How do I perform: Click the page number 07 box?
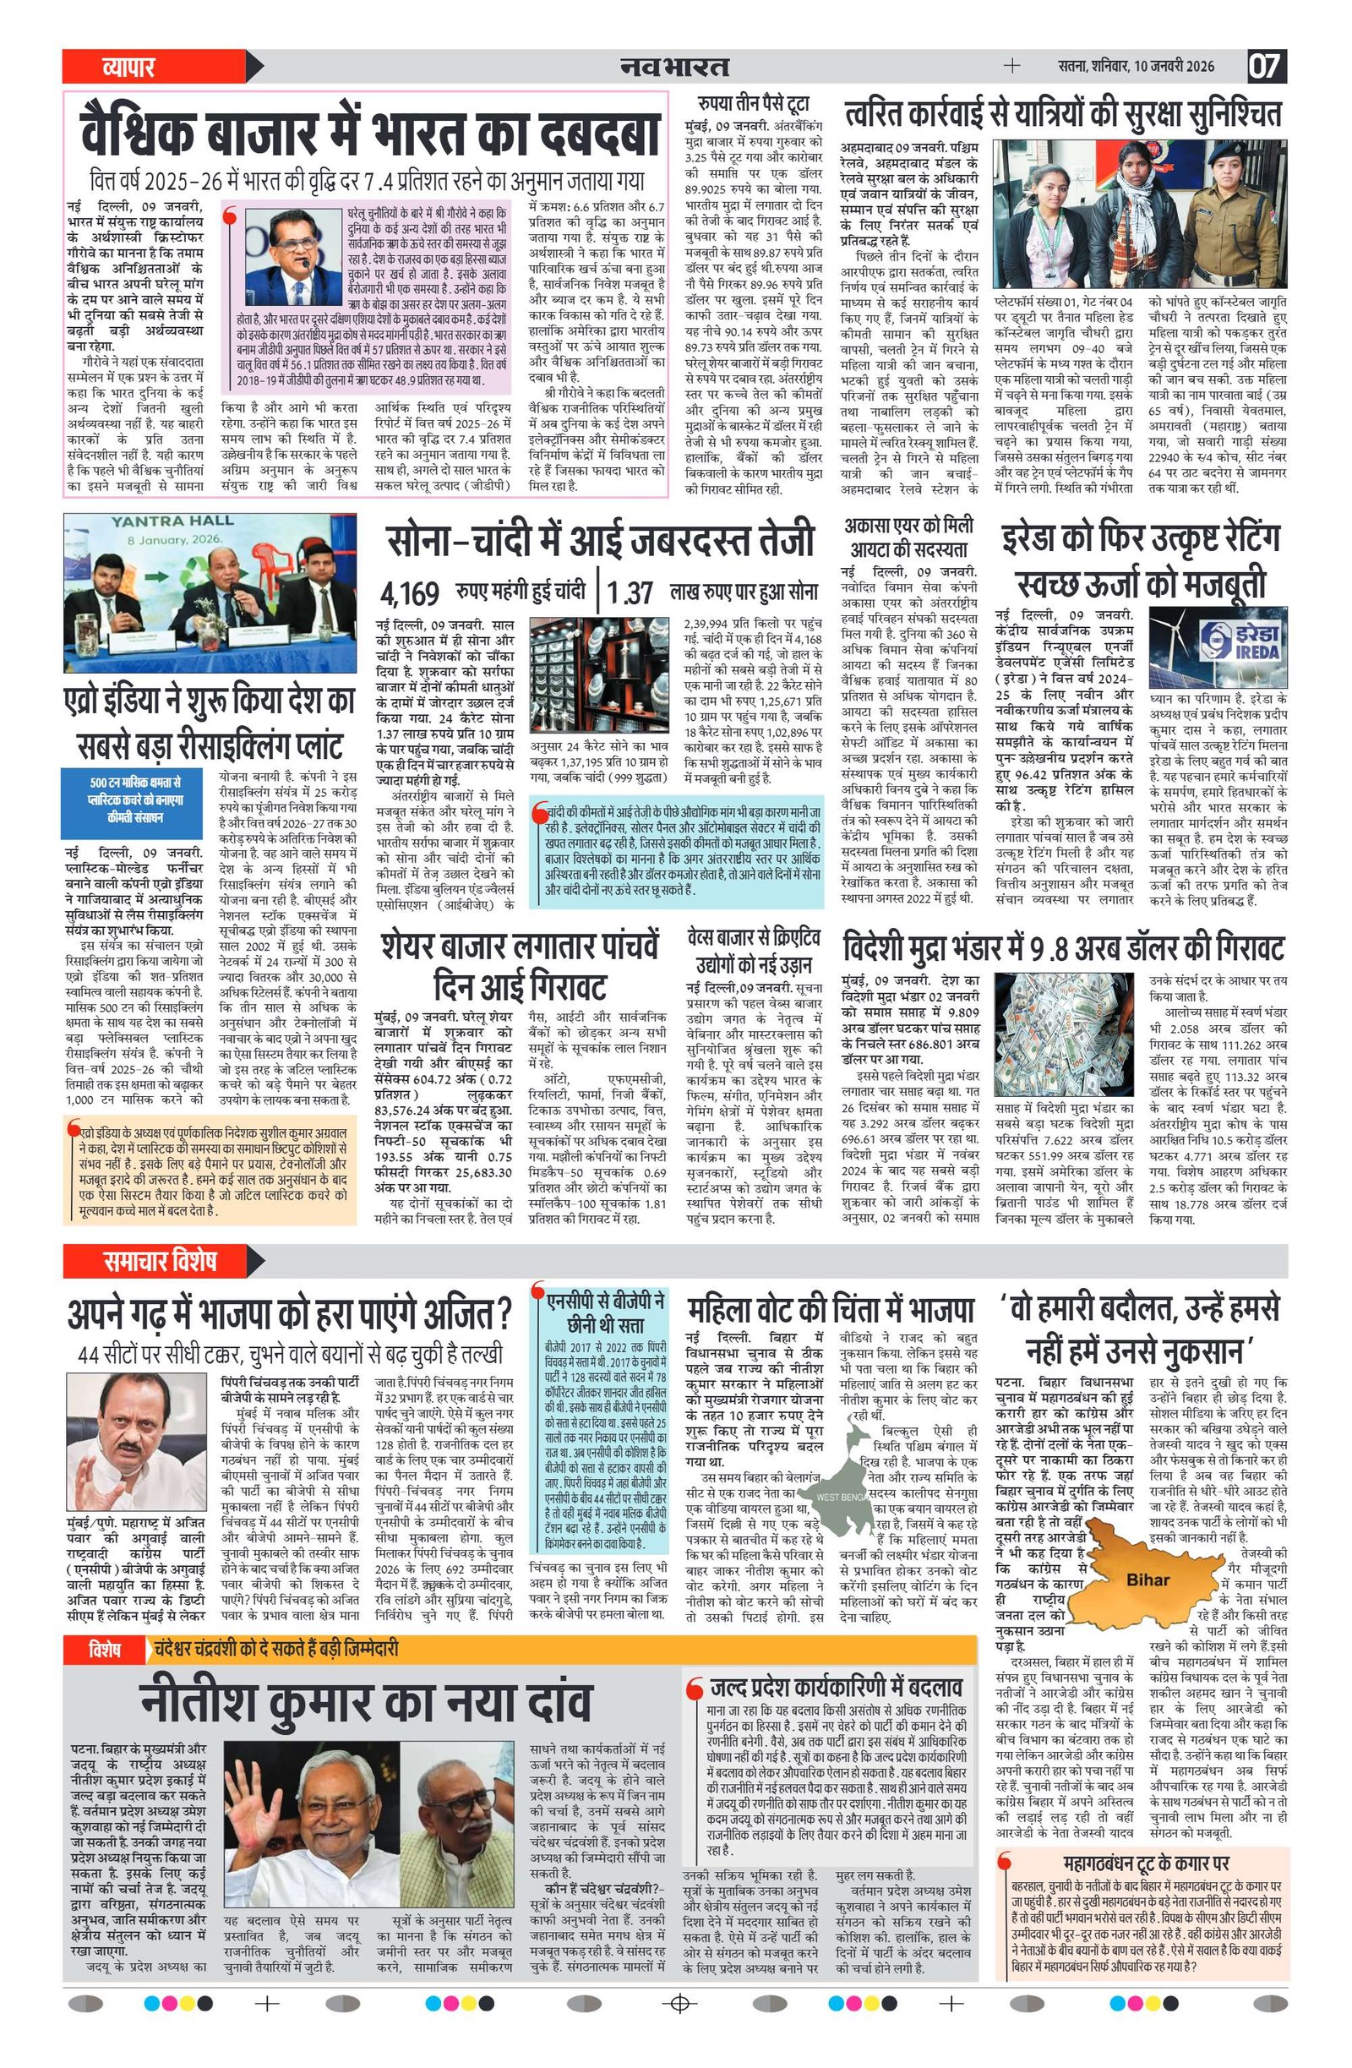coord(1267,66)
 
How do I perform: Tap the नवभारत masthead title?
coord(674,66)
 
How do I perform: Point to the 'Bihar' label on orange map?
coord(1147,1580)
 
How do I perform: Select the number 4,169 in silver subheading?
coord(409,593)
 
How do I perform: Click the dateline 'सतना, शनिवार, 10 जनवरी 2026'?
coord(1136,66)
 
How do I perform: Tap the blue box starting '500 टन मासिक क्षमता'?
coord(134,799)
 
